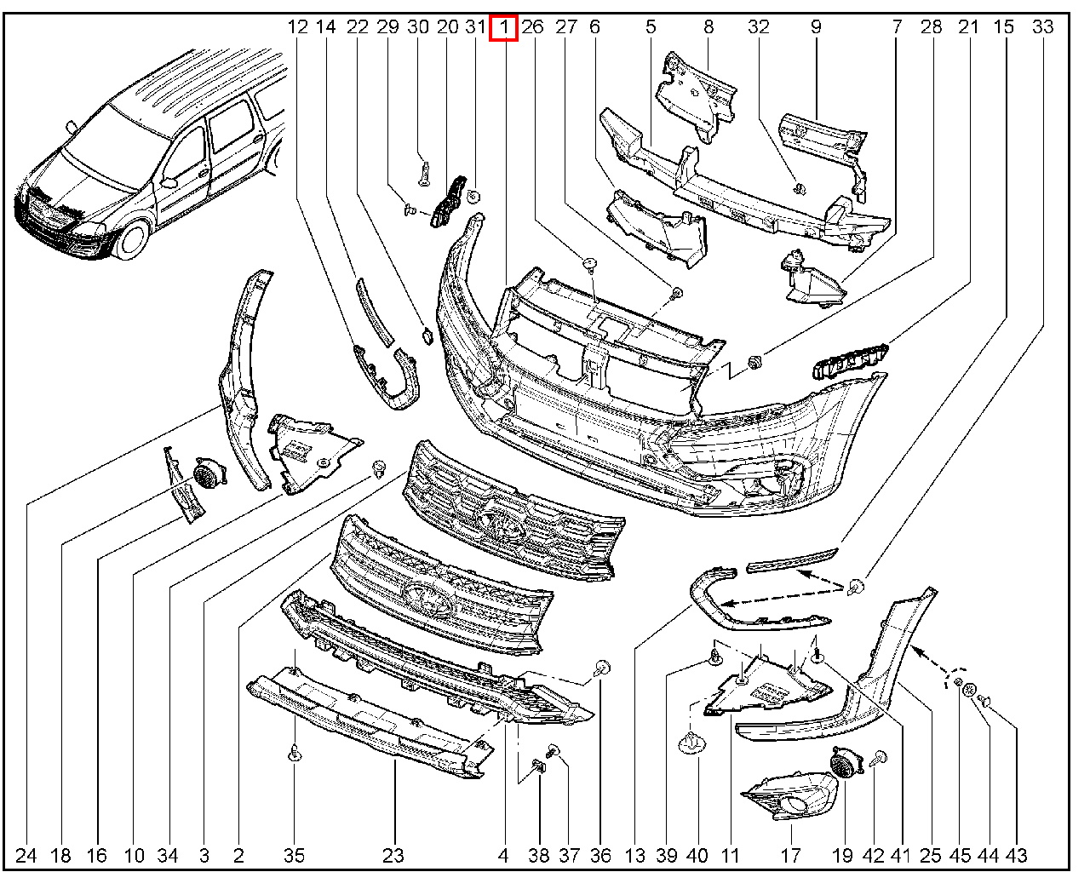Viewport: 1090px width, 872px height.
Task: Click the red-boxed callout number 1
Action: (504, 27)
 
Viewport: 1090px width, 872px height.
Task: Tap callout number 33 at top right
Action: (1043, 27)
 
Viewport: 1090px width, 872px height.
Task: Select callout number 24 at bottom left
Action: (26, 855)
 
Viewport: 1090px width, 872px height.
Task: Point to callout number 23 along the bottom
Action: (393, 855)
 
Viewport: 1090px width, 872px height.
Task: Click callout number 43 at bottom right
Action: (1016, 855)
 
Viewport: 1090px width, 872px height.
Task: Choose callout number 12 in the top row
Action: (297, 27)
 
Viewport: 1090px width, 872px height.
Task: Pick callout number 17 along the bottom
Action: (791, 855)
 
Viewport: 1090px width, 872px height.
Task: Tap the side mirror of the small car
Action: (169, 181)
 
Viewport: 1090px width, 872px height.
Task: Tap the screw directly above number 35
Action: (294, 753)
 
